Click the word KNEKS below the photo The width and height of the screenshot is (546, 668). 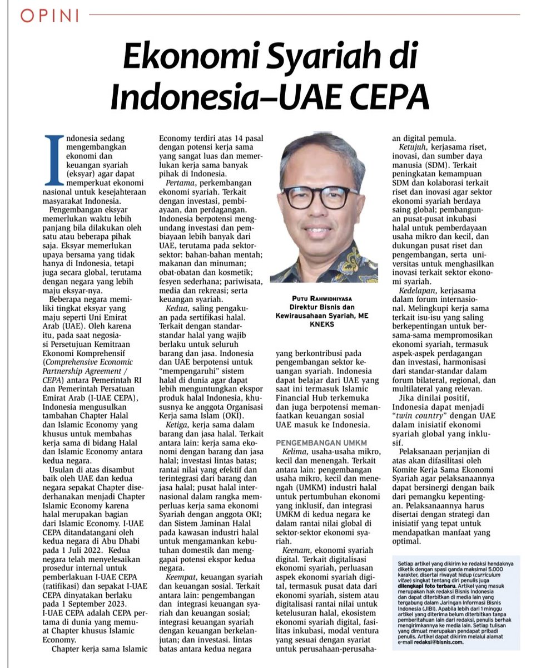[x=325, y=325]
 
